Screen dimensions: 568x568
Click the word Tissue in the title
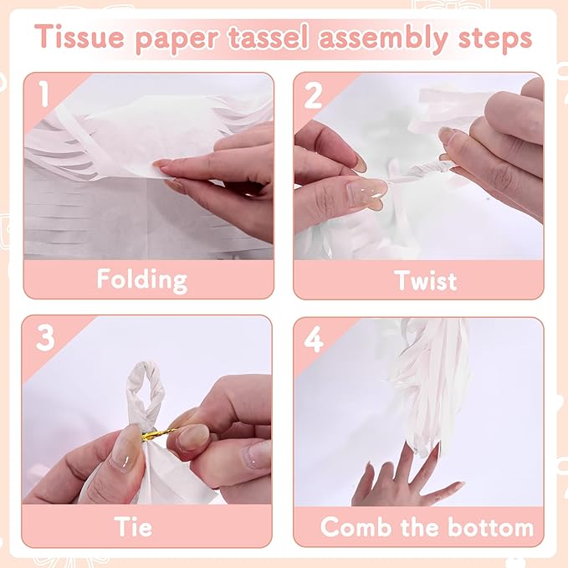pos(80,37)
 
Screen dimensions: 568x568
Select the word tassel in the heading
pos(269,37)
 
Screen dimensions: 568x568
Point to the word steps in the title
pos(495,39)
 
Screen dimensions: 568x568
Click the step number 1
pos(44,94)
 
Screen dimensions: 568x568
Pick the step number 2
pos(313,95)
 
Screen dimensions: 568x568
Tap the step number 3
pos(45,338)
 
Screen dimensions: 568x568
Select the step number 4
pos(314,339)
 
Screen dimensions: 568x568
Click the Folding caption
pos(142,280)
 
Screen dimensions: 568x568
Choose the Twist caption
pos(426,280)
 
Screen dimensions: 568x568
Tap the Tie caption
pos(133,526)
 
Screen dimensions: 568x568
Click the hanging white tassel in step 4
pos(427,384)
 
